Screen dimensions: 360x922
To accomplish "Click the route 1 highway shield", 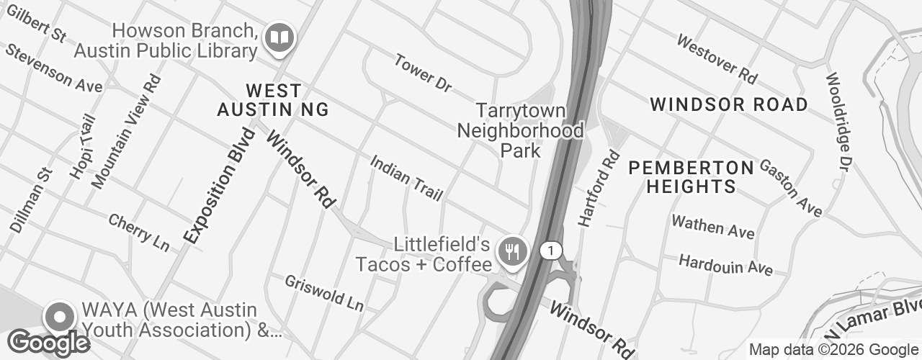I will pyautogui.click(x=551, y=251).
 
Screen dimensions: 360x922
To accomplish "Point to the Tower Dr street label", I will pyautogui.click(x=423, y=73).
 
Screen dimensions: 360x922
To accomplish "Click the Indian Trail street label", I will pyautogui.click(x=406, y=178).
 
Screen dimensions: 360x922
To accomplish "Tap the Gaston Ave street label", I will pyautogui.click(x=791, y=189).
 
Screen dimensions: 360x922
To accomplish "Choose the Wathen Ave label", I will pyautogui.click(x=712, y=226).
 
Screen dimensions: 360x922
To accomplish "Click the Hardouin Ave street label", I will pyautogui.click(x=725, y=264).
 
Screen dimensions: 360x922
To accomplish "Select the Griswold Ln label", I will pyautogui.click(x=324, y=293).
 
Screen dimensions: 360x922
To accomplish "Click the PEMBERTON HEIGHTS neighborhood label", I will pyautogui.click(x=691, y=177).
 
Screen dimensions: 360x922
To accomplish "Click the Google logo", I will pyautogui.click(x=48, y=343).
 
